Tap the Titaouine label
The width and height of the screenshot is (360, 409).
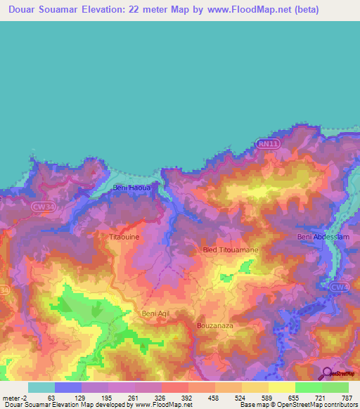124,238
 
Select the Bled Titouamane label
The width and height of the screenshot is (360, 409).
230,250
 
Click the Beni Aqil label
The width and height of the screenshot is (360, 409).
156,313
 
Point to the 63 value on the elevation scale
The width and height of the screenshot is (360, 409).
51,398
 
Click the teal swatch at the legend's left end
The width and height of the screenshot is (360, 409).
41,387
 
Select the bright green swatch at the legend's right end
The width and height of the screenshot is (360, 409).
335,387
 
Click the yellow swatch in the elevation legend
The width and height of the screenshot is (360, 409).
281,387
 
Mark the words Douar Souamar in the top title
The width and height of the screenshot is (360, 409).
49,10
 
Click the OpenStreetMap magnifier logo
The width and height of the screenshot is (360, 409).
328,372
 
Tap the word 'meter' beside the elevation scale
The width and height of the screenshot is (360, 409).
13,398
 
